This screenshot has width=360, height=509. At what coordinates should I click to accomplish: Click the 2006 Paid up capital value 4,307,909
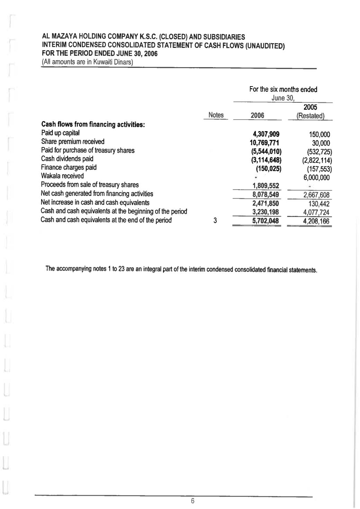(266, 134)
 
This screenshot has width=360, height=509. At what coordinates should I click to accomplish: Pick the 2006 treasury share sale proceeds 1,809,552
(266, 186)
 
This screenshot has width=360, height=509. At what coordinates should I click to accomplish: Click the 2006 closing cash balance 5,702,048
(265, 221)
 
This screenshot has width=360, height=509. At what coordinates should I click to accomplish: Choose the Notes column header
(216, 115)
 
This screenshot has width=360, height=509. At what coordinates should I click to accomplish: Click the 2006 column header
(257, 116)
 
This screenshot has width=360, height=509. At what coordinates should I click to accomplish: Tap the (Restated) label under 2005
(310, 116)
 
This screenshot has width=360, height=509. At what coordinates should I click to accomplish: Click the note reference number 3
(215, 220)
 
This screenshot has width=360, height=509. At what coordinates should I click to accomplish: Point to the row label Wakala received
(62, 176)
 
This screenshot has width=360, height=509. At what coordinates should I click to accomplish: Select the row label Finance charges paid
(69, 167)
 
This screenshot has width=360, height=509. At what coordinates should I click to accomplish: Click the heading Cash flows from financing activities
(93, 125)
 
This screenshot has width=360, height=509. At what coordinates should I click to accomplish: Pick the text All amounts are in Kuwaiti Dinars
(87, 62)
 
